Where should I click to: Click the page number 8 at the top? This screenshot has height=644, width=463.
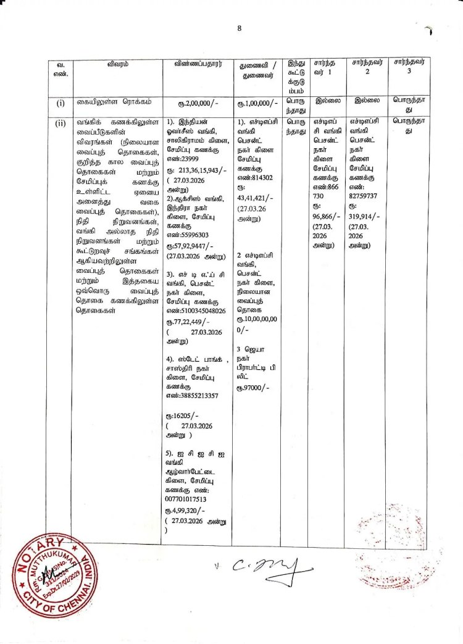[239, 27]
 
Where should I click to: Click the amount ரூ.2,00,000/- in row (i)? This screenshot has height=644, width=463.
[198, 102]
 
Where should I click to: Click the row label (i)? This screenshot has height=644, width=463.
[60, 102]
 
